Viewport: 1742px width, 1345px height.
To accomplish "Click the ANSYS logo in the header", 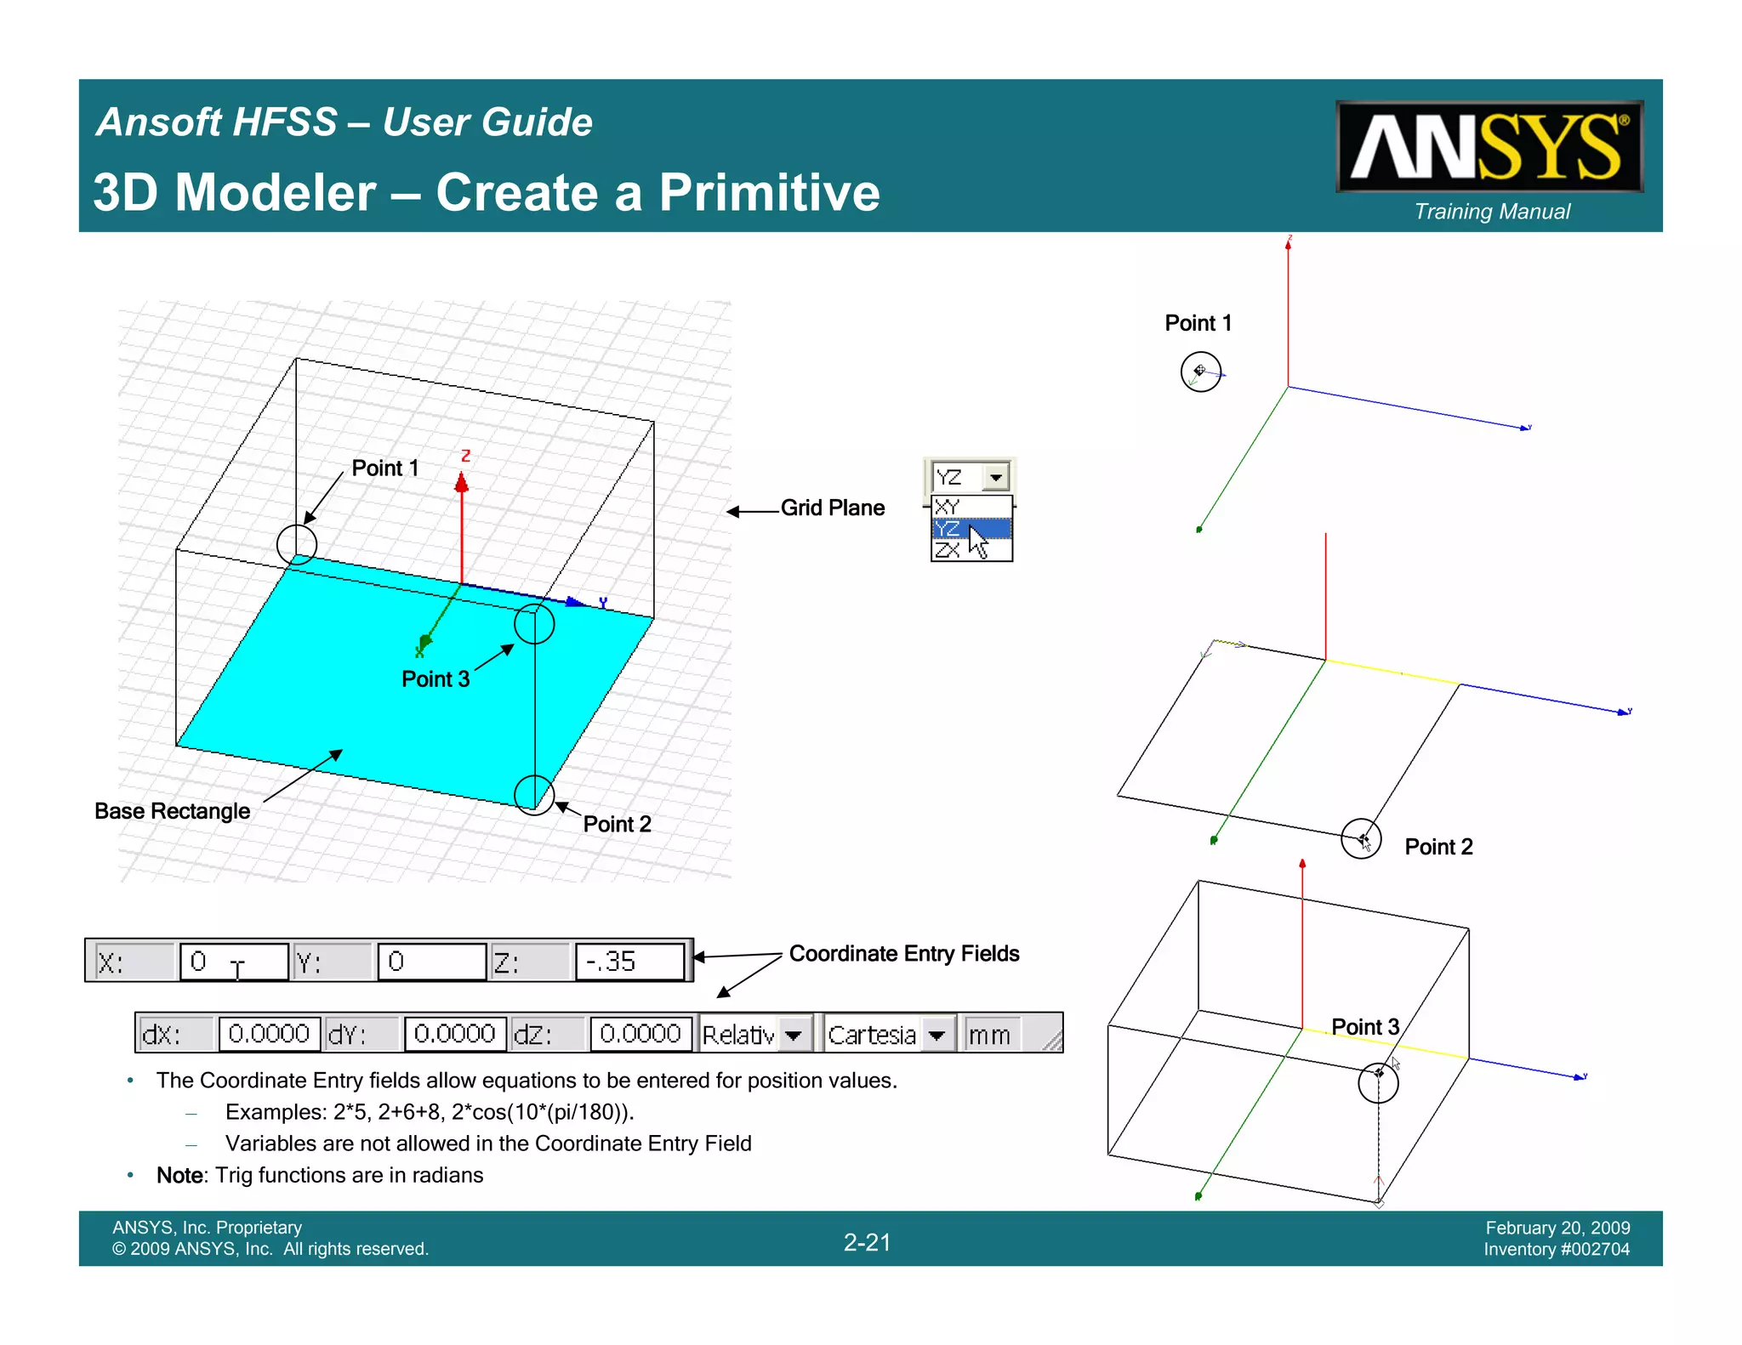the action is [x=1489, y=147].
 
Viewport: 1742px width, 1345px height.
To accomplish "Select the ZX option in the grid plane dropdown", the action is [x=948, y=550].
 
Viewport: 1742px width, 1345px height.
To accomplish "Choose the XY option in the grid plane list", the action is [x=948, y=507].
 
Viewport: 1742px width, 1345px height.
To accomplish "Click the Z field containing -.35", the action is [x=629, y=962].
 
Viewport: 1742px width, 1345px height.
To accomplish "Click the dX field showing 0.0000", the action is [x=269, y=1034].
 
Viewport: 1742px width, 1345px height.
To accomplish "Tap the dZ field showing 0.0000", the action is [x=640, y=1034].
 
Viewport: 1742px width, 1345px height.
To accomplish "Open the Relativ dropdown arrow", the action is [x=794, y=1035].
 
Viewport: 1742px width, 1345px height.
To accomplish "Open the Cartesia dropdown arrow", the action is [x=936, y=1035].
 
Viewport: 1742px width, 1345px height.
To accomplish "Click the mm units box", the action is [x=989, y=1035].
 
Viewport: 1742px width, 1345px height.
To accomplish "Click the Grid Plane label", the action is [x=832, y=508].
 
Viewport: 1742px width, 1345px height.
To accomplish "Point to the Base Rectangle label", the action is [x=172, y=811].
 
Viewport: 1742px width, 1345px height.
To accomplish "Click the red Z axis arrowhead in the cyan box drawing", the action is [x=462, y=483].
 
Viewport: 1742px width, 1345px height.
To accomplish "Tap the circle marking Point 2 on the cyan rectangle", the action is [x=534, y=795].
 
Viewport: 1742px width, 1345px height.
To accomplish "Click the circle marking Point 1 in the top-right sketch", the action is [x=1200, y=372].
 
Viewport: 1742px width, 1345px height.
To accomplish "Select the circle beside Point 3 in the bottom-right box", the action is [x=1378, y=1082].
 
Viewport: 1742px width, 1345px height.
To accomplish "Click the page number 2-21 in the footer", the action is [x=867, y=1242].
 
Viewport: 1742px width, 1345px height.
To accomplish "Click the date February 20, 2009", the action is [x=1557, y=1228].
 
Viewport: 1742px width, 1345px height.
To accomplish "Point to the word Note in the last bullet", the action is [x=180, y=1175].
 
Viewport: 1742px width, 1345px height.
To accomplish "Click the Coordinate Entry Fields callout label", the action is [x=903, y=954].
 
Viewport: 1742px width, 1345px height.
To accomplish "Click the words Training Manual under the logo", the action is [x=1492, y=212].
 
